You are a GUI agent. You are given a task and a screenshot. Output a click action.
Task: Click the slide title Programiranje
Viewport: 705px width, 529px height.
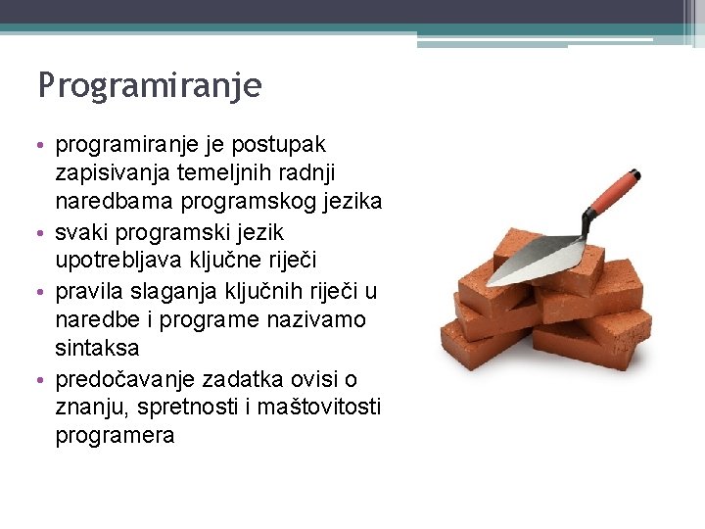click(150, 87)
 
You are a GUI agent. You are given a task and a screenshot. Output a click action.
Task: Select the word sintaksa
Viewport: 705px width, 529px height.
click(98, 349)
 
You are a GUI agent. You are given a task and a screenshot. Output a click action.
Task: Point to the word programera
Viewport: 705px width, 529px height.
click(115, 436)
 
